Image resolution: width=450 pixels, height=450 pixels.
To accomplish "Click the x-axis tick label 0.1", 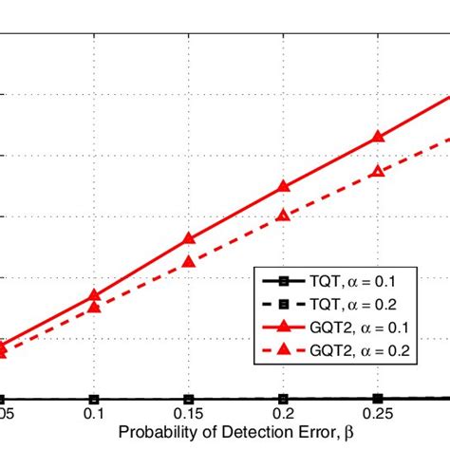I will tap(94, 417).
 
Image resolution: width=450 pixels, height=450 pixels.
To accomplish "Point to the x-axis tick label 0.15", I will tap(188, 417).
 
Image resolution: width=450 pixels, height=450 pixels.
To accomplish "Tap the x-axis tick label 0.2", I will tap(282, 417).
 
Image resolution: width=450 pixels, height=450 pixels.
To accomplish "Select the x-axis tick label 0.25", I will tap(377, 417).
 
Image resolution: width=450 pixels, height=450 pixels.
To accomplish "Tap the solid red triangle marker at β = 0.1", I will tap(94, 295).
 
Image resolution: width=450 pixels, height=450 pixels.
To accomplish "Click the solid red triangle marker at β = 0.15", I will tap(188, 239).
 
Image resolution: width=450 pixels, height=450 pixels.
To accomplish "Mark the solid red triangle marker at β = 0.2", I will tap(282, 187).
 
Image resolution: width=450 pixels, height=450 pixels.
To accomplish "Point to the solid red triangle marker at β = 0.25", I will tap(377, 138).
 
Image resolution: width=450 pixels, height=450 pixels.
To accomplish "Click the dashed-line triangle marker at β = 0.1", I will tap(94, 307).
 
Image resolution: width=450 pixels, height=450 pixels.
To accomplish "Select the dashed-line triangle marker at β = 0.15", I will tap(188, 261).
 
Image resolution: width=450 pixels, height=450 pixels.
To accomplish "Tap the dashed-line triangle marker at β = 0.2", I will tap(282, 216).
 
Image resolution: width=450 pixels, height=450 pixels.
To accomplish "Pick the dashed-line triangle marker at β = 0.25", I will tap(377, 171).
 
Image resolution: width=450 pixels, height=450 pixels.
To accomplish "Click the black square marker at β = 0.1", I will tap(94, 400).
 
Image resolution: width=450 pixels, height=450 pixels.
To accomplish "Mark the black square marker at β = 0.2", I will tap(282, 400).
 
